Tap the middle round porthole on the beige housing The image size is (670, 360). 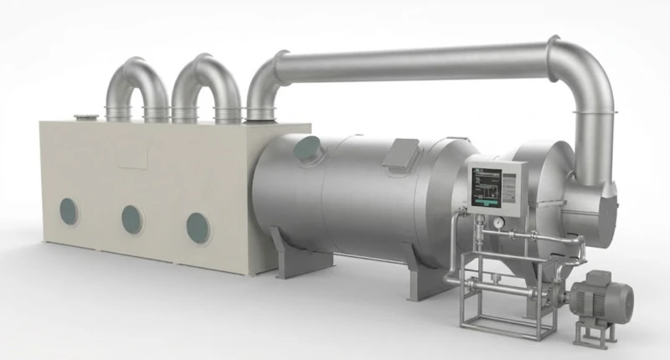131,219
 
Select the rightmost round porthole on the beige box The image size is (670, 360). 198,226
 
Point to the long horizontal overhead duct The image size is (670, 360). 410,63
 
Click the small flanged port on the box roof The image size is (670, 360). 85,118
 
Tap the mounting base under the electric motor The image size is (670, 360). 593,332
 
